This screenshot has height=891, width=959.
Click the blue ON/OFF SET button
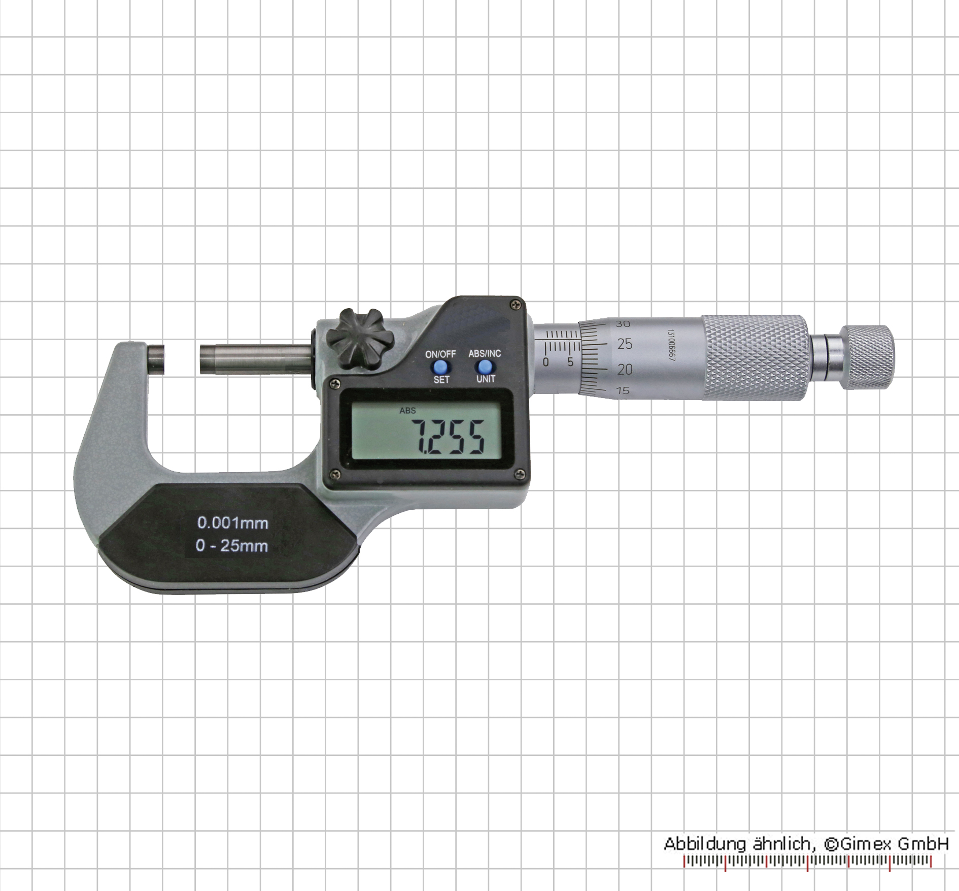tap(440, 367)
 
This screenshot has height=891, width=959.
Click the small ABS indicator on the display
tap(407, 410)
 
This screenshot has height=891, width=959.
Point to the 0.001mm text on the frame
tap(233, 522)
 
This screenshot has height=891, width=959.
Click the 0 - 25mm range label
tap(232, 546)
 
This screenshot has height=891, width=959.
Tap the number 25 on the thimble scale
tap(625, 344)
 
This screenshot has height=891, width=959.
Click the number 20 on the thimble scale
tap(625, 369)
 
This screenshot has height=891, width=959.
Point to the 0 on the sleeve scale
tap(546, 362)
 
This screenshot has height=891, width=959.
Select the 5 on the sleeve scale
tap(570, 362)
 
